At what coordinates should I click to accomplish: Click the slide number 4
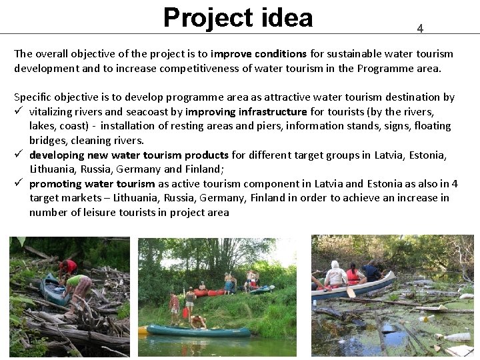click(x=420, y=28)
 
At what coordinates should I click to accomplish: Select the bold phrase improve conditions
click(x=258, y=53)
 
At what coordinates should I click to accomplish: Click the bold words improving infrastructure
click(x=246, y=111)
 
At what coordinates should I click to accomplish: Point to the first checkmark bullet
click(x=19, y=111)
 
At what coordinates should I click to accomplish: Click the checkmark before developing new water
click(x=19, y=155)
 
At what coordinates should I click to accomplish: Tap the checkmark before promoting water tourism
click(x=19, y=183)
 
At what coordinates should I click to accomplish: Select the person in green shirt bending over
click(x=79, y=287)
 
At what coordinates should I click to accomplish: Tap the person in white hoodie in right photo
click(x=336, y=274)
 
